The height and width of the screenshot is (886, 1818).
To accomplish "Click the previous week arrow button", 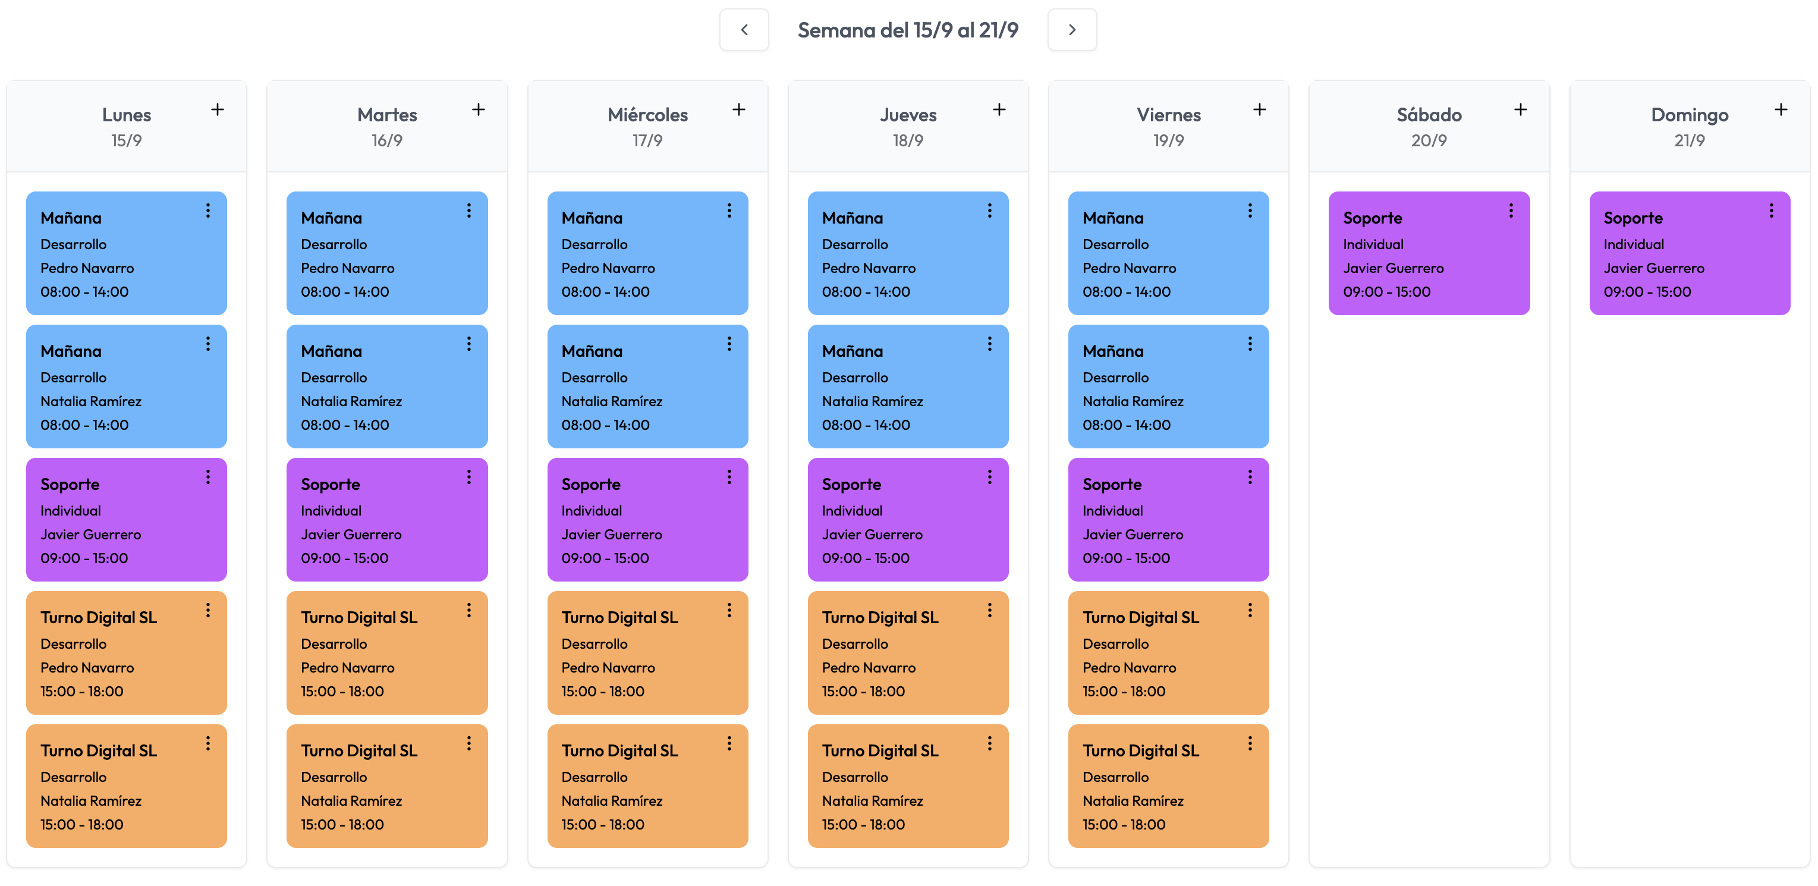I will [x=744, y=30].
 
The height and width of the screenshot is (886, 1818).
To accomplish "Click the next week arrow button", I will [x=1071, y=30].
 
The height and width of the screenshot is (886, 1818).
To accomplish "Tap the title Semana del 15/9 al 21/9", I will [x=908, y=30].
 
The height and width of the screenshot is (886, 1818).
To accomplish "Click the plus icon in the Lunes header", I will [x=218, y=109].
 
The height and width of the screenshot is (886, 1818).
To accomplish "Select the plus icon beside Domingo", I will [x=1781, y=109].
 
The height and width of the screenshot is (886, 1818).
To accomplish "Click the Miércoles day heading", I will [x=647, y=114].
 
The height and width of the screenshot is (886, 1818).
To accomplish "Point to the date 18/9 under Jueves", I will [x=908, y=140].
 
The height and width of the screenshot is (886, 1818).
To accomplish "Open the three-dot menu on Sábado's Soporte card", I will [x=1510, y=210].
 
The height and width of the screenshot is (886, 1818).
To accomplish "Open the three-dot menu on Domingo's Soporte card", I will [x=1770, y=210].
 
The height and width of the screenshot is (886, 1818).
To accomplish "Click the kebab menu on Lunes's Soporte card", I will [x=207, y=477].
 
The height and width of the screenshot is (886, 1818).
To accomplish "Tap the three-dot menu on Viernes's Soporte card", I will [x=1249, y=477].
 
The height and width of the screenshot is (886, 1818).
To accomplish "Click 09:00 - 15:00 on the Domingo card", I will [x=1647, y=291].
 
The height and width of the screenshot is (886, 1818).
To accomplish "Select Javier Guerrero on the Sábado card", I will [x=1393, y=268].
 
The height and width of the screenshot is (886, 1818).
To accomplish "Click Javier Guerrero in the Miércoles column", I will [x=611, y=535].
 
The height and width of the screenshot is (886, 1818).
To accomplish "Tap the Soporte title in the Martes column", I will [x=331, y=484].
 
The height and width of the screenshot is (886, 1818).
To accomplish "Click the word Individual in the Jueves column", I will [x=852, y=510].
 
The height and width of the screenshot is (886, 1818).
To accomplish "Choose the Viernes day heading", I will [x=1168, y=114].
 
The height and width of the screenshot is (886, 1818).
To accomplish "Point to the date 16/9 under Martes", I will [x=387, y=140].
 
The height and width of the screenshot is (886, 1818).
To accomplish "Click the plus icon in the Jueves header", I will [x=999, y=109].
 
